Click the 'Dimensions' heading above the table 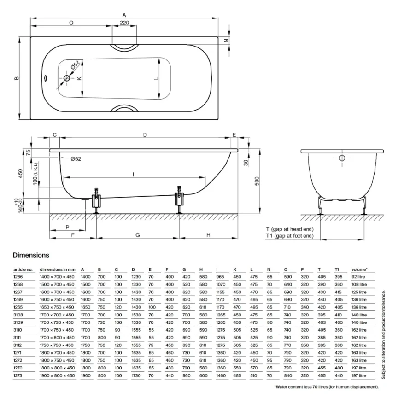pos(31,255)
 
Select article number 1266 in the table pos(18,277)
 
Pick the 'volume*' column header pos(359,269)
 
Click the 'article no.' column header pos(23,269)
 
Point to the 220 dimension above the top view pos(124,23)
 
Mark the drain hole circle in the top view pos(67,78)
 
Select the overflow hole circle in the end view pos(342,158)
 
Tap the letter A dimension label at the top pos(124,15)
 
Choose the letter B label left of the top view pos(16,78)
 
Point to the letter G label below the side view pos(138,235)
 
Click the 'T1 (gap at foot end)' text pos(290,236)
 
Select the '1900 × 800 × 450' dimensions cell pos(57,375)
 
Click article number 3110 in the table pos(18,330)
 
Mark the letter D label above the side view pos(145,135)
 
